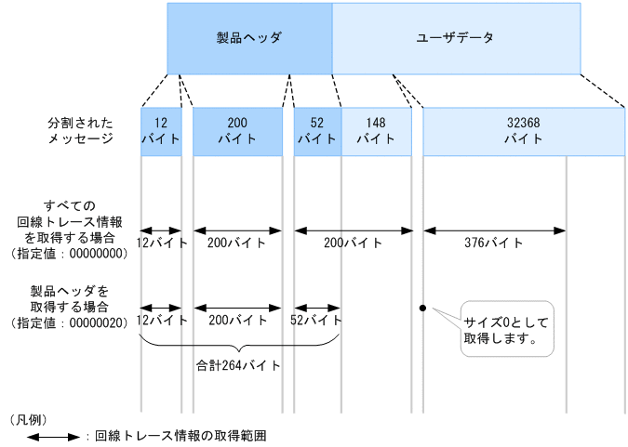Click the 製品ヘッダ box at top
249,38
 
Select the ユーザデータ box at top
456,38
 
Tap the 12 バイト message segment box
161,131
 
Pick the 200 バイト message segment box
237,131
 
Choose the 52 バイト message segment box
317,131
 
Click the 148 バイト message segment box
376,131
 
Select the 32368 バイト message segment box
524,131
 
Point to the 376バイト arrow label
493,243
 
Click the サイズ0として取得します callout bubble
506,328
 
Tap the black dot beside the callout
422,308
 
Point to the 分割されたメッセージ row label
81,130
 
